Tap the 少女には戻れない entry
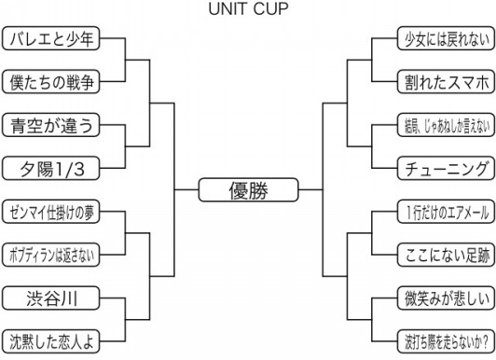pos(443,39)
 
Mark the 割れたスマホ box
pos(443,82)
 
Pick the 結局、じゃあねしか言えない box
pos(443,125)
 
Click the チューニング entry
pos(443,168)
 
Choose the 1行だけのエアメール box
pos(443,211)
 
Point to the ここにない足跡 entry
pos(443,254)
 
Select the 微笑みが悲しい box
pos(443,298)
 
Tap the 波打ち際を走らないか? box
pos(443,340)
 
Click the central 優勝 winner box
pos(247,190)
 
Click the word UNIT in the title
pos(229,10)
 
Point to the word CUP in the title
pos(271,10)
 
